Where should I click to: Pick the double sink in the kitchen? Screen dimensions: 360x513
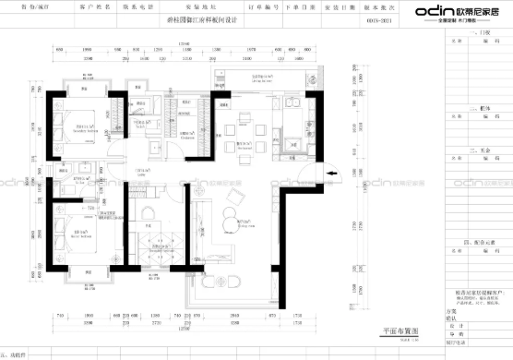click(294, 144)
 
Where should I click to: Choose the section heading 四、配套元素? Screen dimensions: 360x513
click(479, 242)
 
